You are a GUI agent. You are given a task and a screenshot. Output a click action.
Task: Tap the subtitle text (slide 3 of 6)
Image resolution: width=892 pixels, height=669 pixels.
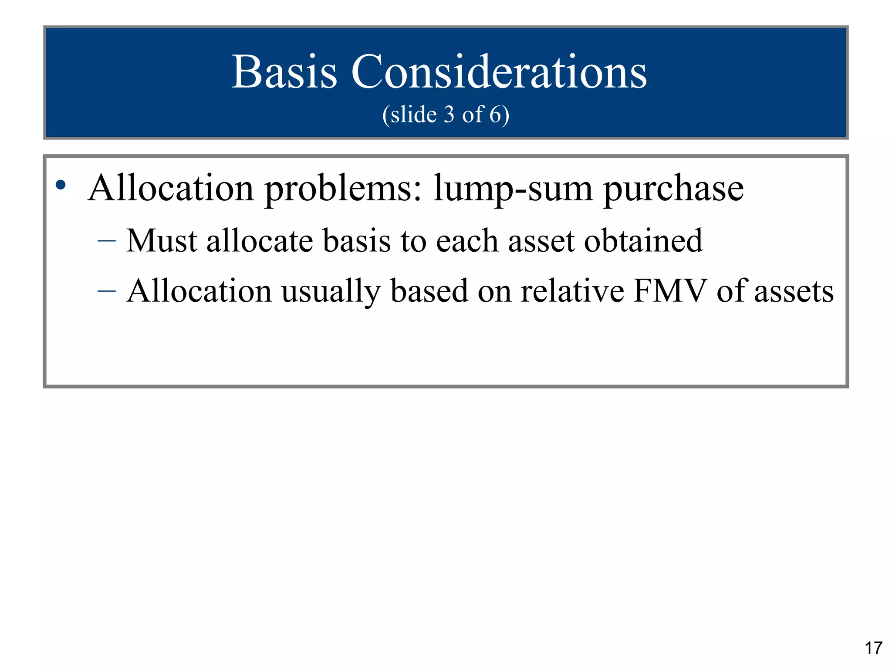[446, 115]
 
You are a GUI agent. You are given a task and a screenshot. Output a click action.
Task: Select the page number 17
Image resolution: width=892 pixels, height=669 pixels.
[873, 648]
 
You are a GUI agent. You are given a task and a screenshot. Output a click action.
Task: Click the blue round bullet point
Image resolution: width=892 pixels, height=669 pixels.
[61, 185]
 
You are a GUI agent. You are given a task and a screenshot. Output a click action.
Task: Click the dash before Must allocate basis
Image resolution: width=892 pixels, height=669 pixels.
[107, 240]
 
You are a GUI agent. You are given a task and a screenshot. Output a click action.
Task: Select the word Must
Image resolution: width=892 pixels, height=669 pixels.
[161, 240]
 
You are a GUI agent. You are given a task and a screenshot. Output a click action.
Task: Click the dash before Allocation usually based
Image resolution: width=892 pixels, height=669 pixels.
[107, 291]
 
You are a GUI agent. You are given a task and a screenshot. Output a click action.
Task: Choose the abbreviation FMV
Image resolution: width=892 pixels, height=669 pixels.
[670, 291]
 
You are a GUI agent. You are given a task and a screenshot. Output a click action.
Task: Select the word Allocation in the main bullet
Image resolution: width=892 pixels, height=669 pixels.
[171, 188]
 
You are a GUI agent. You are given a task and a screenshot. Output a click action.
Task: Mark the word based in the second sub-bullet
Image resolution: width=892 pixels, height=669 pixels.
[429, 291]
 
